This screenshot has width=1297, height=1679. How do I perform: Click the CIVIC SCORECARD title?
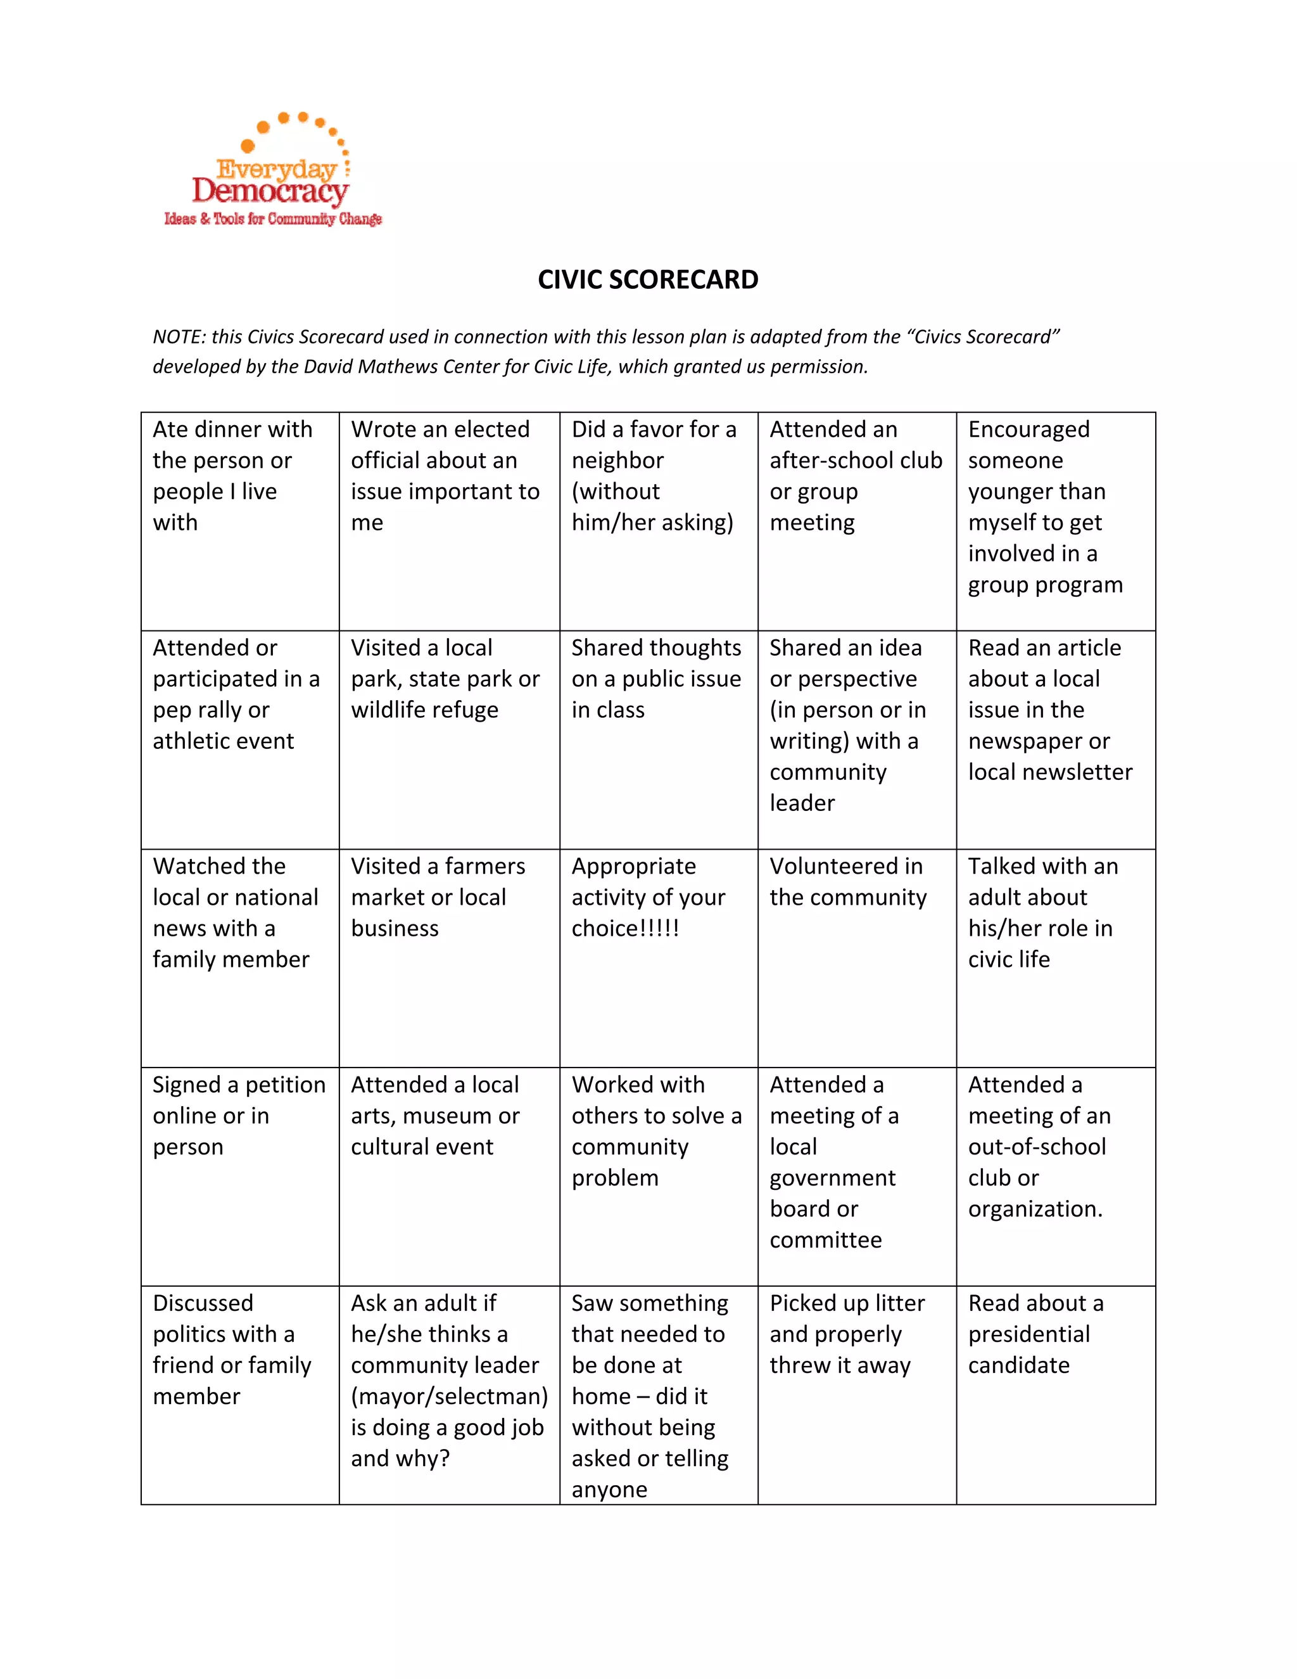pos(648,279)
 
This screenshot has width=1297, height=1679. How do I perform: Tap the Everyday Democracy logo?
pos(273,173)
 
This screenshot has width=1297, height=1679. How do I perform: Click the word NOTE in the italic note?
pos(177,336)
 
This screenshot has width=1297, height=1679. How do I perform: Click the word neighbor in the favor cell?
pos(617,461)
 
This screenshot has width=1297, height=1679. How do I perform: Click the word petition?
pos(285,1085)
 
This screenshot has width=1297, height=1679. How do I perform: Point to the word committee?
pos(825,1240)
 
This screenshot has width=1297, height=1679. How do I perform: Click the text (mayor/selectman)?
pos(450,1396)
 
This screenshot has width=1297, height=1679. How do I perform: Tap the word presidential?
pos(1029,1334)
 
